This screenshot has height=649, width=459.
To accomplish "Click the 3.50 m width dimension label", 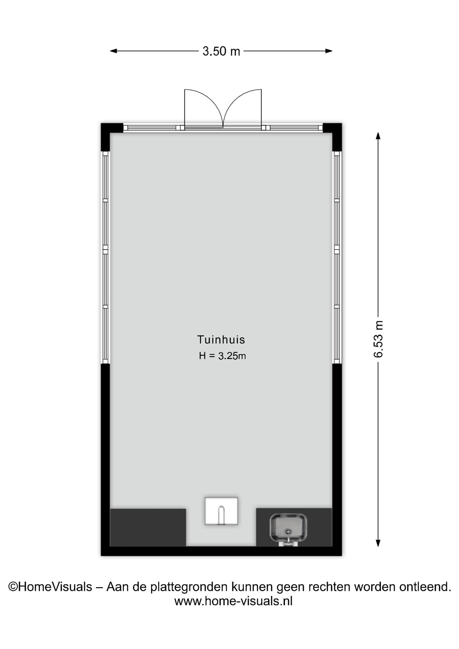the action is (x=221, y=51).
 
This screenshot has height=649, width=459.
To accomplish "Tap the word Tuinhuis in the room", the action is (x=221, y=339).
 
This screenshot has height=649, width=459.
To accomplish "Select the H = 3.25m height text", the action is (x=222, y=356).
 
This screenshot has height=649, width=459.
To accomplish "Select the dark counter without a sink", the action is (x=148, y=528).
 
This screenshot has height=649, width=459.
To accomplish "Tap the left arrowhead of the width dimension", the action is (x=113, y=51).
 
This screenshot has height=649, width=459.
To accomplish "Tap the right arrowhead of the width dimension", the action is (x=329, y=51).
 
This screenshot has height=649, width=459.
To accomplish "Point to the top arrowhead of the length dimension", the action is (x=378, y=136).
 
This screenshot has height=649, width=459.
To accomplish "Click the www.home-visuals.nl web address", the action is (x=233, y=601).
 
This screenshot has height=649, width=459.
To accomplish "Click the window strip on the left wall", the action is (x=105, y=258).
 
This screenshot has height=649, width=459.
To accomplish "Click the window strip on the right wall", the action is (x=337, y=258).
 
